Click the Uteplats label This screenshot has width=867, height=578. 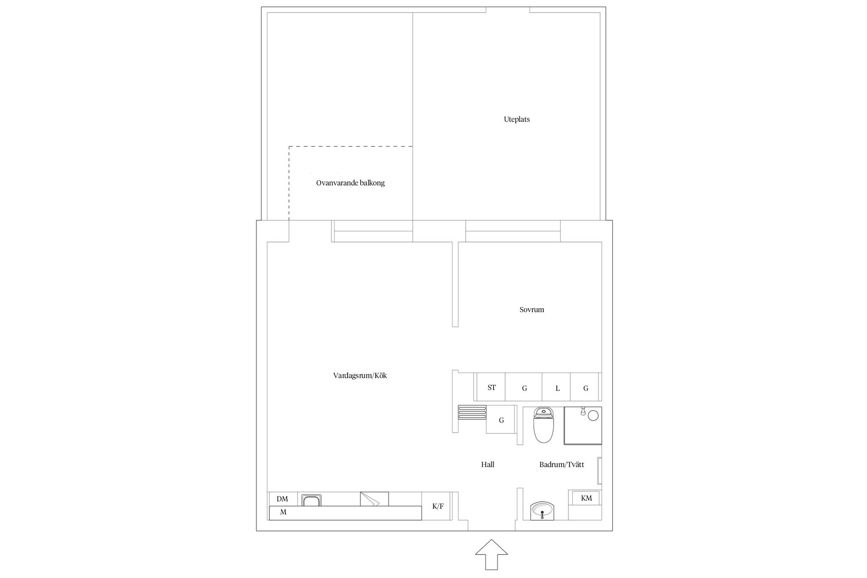point(517,120)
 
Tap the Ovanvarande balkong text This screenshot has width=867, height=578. point(350,183)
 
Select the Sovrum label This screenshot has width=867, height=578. point(531,310)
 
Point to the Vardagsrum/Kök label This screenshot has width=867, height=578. point(360,376)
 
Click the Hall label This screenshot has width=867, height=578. point(488,464)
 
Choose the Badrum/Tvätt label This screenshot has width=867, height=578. point(562,464)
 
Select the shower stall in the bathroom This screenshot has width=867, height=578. point(583,426)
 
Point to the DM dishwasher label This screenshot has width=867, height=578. point(282,499)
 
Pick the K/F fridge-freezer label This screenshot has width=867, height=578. point(438,506)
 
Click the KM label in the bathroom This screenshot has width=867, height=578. point(586,498)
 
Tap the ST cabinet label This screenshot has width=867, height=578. point(492,387)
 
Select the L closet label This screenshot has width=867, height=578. point(558,388)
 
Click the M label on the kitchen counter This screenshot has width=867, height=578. point(283,512)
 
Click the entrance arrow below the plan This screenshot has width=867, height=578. point(492,554)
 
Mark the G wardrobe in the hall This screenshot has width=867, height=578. point(501,420)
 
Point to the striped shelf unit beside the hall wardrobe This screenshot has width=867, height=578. point(472,412)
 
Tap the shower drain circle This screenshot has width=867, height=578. point(593,415)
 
